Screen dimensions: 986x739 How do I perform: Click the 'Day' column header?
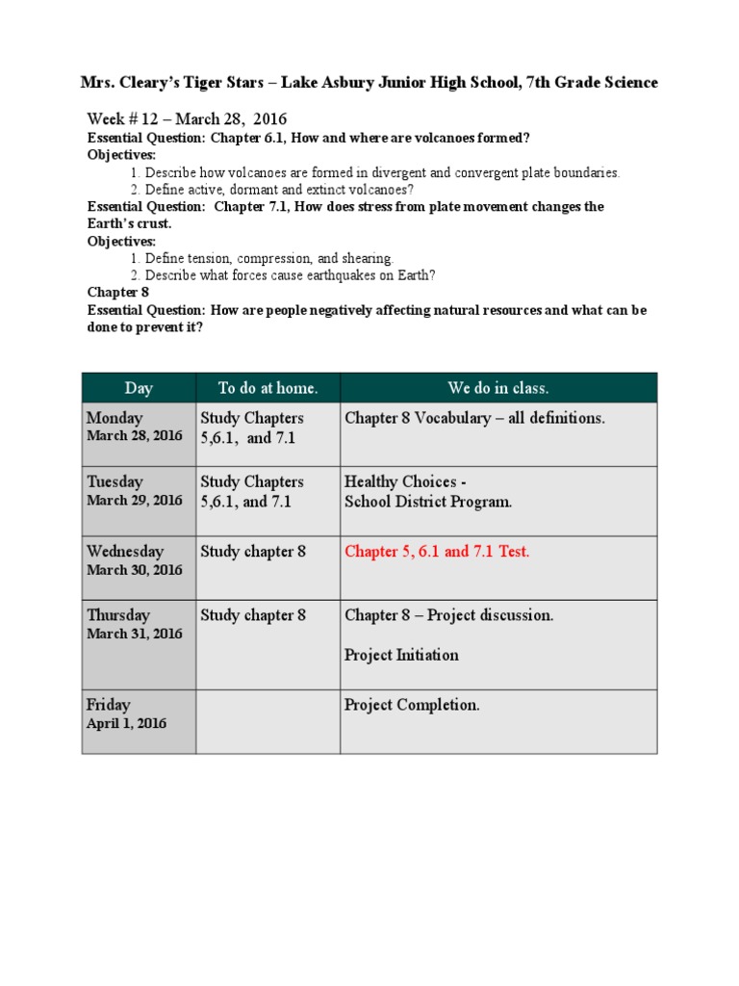(139, 388)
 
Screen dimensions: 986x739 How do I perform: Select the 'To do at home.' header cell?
(268, 388)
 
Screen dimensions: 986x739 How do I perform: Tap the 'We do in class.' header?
(498, 388)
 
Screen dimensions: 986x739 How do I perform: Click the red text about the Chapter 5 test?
(437, 552)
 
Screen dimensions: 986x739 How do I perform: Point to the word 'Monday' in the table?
(115, 418)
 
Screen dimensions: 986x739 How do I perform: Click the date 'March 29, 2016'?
(134, 501)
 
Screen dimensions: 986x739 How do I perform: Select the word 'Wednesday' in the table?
(125, 552)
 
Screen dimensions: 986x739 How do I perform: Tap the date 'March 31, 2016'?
(134, 634)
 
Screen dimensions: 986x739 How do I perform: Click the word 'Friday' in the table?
(109, 705)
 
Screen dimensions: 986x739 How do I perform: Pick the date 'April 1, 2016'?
(126, 723)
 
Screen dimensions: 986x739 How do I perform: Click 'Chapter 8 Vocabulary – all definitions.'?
(474, 418)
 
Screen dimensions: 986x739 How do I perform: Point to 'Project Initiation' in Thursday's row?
(401, 655)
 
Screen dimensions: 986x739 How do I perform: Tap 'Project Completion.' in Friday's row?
(412, 705)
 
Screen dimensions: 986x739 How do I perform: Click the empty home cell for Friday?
(267, 721)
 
